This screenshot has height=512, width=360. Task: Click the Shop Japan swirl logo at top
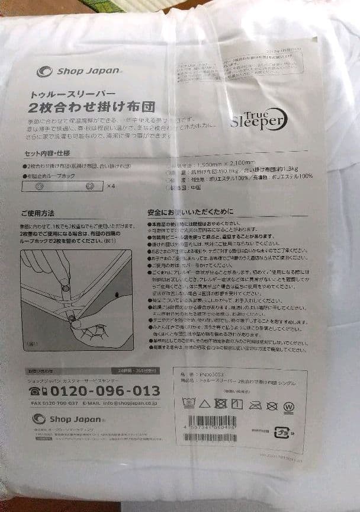(44, 72)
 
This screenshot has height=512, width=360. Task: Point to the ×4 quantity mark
(111, 186)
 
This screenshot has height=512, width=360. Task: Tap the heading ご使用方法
(37, 213)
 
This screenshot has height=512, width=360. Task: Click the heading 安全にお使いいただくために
(191, 212)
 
